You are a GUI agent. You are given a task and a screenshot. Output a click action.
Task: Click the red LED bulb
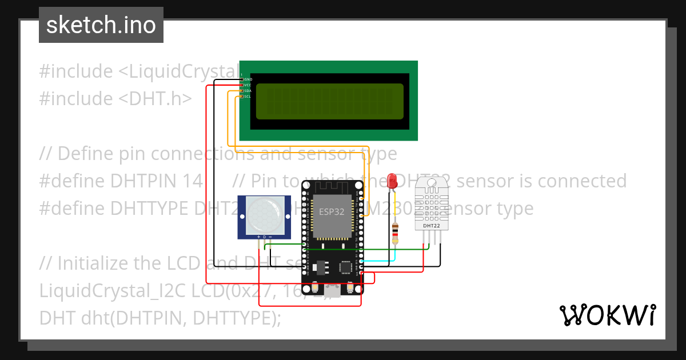pyautogui.click(x=392, y=181)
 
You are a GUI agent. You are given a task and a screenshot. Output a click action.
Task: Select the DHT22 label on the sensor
pyautogui.click(x=431, y=226)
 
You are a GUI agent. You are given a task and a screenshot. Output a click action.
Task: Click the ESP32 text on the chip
pyautogui.click(x=332, y=211)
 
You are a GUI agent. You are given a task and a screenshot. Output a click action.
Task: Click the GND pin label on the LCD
pyautogui.click(x=248, y=79)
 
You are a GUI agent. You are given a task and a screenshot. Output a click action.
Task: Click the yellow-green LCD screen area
pyautogui.click(x=329, y=101)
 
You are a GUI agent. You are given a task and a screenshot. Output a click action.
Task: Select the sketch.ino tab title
pyautogui.click(x=101, y=25)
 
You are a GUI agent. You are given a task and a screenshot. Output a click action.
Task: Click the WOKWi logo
pyautogui.click(x=607, y=315)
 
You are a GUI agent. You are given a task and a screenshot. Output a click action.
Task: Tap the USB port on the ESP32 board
pyautogui.click(x=332, y=290)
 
